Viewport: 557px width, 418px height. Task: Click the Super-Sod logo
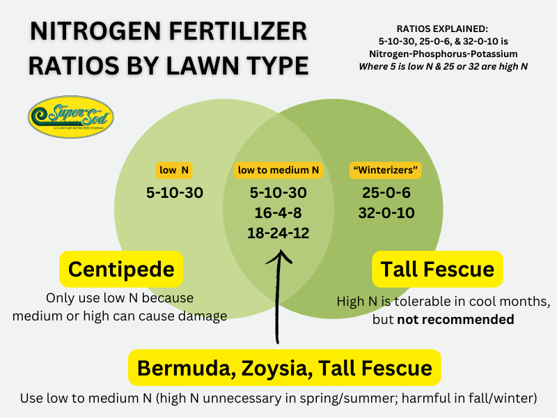tap(70, 116)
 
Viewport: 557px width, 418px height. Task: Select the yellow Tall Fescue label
tap(437, 270)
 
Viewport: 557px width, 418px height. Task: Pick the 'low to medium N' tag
tap(278, 169)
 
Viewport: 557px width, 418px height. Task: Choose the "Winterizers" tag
tap(384, 169)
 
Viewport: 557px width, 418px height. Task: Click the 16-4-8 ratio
tap(278, 212)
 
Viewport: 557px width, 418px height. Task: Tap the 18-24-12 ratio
tap(278, 233)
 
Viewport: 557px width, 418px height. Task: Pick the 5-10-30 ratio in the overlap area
tap(278, 192)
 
